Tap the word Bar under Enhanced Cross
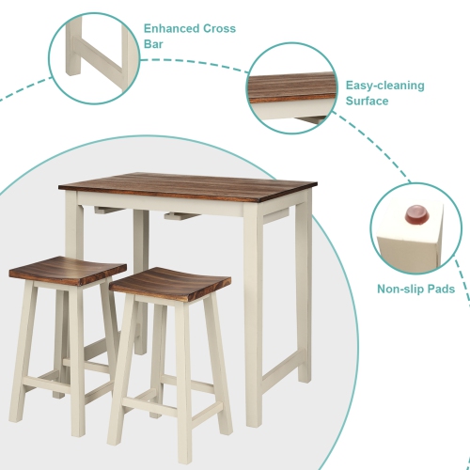pyautogui.click(x=154, y=44)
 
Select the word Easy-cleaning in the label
pyautogui.click(x=384, y=86)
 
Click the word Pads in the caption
pyautogui.click(x=441, y=290)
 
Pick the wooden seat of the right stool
pyautogui.click(x=174, y=283)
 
